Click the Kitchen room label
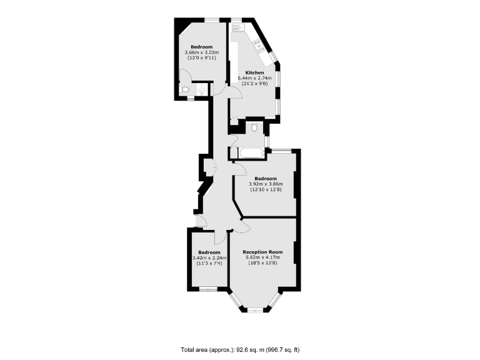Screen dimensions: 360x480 click(254, 72)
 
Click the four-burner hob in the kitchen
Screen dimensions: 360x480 click(258, 44)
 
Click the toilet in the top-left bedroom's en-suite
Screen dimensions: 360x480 click(184, 90)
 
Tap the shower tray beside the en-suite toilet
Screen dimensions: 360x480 click(201, 90)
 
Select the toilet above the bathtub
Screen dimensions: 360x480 click(254, 128)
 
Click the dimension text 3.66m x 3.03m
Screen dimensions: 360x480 click(201, 53)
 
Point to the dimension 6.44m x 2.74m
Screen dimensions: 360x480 click(254, 78)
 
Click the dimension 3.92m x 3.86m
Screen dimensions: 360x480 click(266, 184)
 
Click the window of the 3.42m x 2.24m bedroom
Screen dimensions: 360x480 click(208, 289)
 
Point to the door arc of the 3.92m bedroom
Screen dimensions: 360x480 click(239, 167)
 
